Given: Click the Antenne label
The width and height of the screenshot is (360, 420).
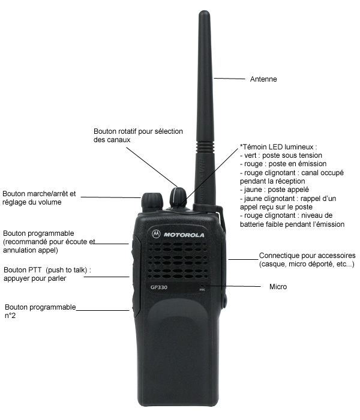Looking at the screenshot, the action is [x=263, y=79].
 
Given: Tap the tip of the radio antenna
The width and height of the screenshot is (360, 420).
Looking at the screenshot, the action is [x=204, y=11].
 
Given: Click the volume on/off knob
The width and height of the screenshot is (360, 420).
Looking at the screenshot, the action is [x=152, y=202].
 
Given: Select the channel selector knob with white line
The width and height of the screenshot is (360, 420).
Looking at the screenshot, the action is [x=178, y=197].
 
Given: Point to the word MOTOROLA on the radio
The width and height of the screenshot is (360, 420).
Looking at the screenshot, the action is [x=184, y=235].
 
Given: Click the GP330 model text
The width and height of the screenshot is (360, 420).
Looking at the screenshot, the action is [x=159, y=287].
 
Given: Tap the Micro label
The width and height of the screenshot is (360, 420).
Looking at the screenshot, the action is [x=278, y=287].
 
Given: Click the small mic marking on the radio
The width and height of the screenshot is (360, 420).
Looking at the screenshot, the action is [x=202, y=289].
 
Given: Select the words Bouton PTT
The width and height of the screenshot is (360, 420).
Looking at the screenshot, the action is [x=23, y=270].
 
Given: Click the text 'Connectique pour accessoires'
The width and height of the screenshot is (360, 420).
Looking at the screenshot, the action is [x=307, y=256].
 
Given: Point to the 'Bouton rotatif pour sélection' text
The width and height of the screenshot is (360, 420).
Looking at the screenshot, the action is [x=138, y=131].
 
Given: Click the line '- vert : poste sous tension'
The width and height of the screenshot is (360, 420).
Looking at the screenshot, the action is [x=281, y=155].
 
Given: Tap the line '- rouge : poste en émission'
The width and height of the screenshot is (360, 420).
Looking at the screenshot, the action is [x=283, y=164].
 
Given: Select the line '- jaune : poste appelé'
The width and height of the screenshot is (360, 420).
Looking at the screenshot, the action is [x=274, y=190].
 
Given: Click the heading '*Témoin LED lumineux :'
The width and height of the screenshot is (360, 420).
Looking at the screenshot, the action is [x=278, y=147].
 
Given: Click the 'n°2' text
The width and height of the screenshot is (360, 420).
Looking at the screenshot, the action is [x=10, y=316].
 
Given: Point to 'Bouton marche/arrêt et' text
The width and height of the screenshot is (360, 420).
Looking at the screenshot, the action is [x=39, y=194].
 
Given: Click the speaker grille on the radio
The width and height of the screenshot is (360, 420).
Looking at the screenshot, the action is [x=176, y=260].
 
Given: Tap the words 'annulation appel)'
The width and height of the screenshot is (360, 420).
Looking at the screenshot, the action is [x=31, y=250].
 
